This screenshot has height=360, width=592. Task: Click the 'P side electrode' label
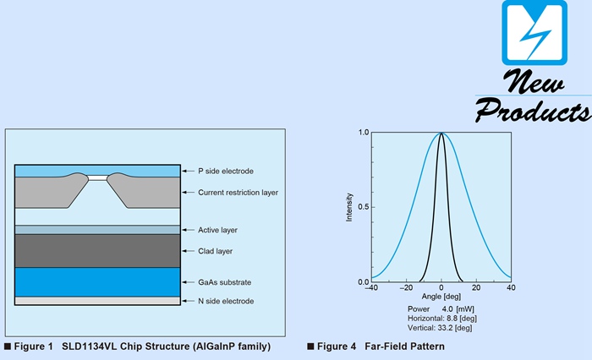[224, 170]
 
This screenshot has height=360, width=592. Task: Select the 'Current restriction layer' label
[238, 193]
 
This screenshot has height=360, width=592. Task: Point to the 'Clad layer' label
[216, 251]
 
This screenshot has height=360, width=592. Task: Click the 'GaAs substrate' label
[224, 282]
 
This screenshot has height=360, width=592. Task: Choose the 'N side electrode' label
[225, 302]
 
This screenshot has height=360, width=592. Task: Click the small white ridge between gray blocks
[99, 177]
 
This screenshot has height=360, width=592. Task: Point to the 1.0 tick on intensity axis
[363, 133]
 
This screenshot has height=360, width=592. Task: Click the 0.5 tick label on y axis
[363, 207]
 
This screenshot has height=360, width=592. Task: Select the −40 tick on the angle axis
[370, 289]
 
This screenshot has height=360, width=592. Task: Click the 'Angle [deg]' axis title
[441, 298]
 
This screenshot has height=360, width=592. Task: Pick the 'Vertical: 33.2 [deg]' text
[440, 327]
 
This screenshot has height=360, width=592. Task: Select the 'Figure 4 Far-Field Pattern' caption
[376, 346]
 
